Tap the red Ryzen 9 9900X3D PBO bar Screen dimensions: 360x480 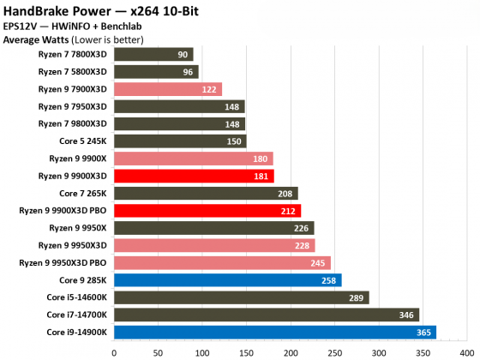coord(207,211)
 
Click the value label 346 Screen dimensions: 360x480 coord(407,315)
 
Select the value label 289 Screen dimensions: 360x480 coord(357,297)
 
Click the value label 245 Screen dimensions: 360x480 coord(319,262)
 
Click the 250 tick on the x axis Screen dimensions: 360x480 coord(334,350)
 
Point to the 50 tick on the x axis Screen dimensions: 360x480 coord(158,350)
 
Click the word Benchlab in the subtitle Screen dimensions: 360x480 coord(126,26)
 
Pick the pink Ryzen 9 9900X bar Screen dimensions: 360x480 coord(193,159)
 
